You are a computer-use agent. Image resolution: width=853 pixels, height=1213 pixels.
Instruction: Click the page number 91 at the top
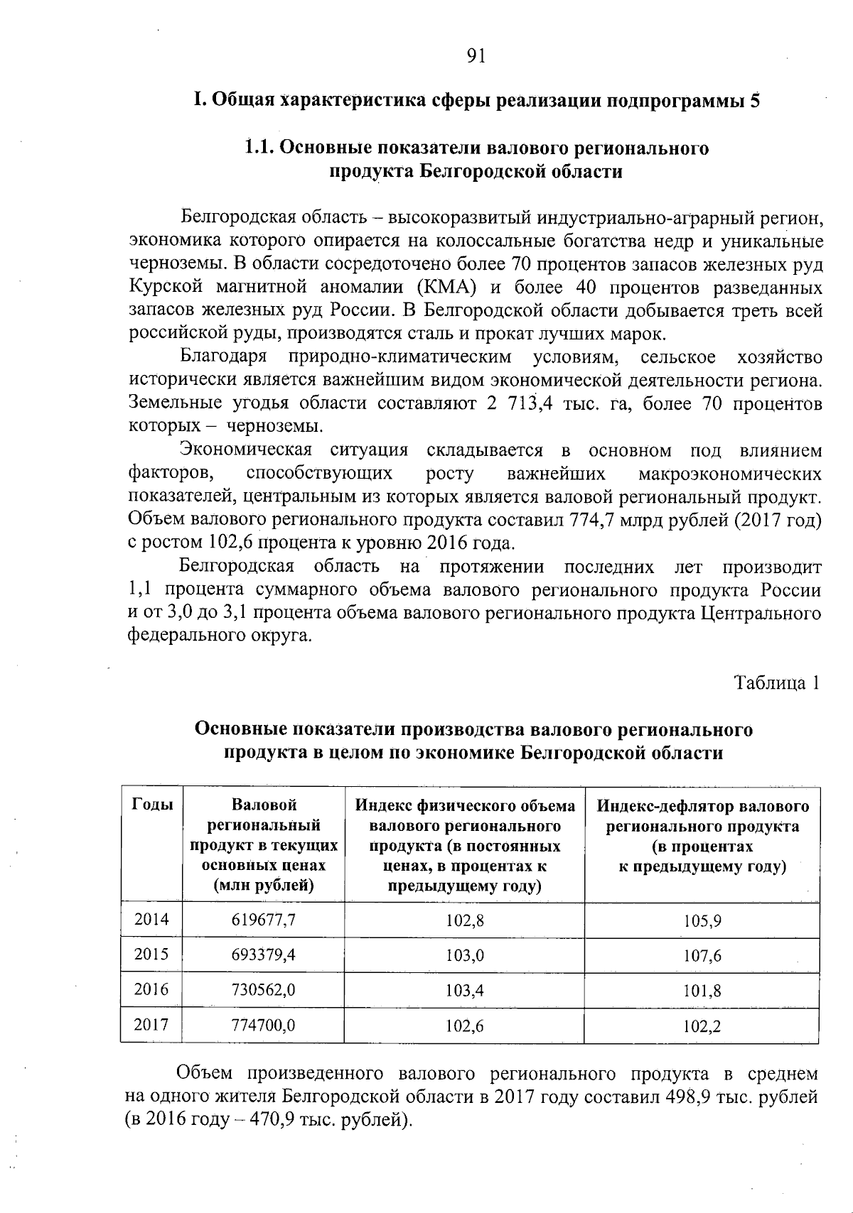point(476,56)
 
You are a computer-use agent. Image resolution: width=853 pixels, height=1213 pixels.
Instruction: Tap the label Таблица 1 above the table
point(777,683)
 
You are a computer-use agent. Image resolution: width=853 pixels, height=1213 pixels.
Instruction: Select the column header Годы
point(152,805)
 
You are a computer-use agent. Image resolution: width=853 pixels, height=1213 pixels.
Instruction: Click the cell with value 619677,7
point(264,920)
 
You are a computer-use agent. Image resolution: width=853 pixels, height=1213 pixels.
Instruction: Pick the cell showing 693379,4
point(264,955)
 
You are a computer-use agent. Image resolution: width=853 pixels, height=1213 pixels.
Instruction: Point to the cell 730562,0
point(264,990)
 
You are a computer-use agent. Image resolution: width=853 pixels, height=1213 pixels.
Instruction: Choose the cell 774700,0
point(264,1025)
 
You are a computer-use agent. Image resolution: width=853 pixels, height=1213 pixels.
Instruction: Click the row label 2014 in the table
point(152,920)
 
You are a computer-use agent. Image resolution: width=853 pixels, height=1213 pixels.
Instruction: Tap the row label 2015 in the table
point(152,954)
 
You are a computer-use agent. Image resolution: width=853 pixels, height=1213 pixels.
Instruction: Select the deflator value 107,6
point(702,956)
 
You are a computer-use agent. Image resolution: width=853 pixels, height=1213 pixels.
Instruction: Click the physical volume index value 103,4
point(465,991)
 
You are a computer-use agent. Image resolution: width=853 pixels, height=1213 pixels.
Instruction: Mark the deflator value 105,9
point(702,921)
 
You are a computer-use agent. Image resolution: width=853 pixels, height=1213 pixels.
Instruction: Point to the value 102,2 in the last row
point(702,1026)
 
